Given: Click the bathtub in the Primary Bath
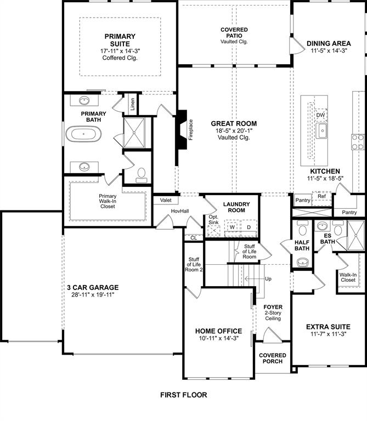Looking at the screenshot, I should pos(84,133).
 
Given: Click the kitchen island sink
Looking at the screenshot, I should pos(323,131).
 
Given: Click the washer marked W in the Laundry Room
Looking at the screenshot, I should pos(232,226).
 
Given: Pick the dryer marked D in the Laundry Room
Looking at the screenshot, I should pos(248,226).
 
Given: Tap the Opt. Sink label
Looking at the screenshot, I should pos(213,220).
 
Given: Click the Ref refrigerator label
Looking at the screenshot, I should pos(321,196).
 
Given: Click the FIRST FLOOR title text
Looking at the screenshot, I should pos(183,395).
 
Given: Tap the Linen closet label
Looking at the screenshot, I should pos(132,104).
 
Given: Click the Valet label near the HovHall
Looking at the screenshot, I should pos(166,201).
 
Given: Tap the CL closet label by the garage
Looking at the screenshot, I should pos(193,237).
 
